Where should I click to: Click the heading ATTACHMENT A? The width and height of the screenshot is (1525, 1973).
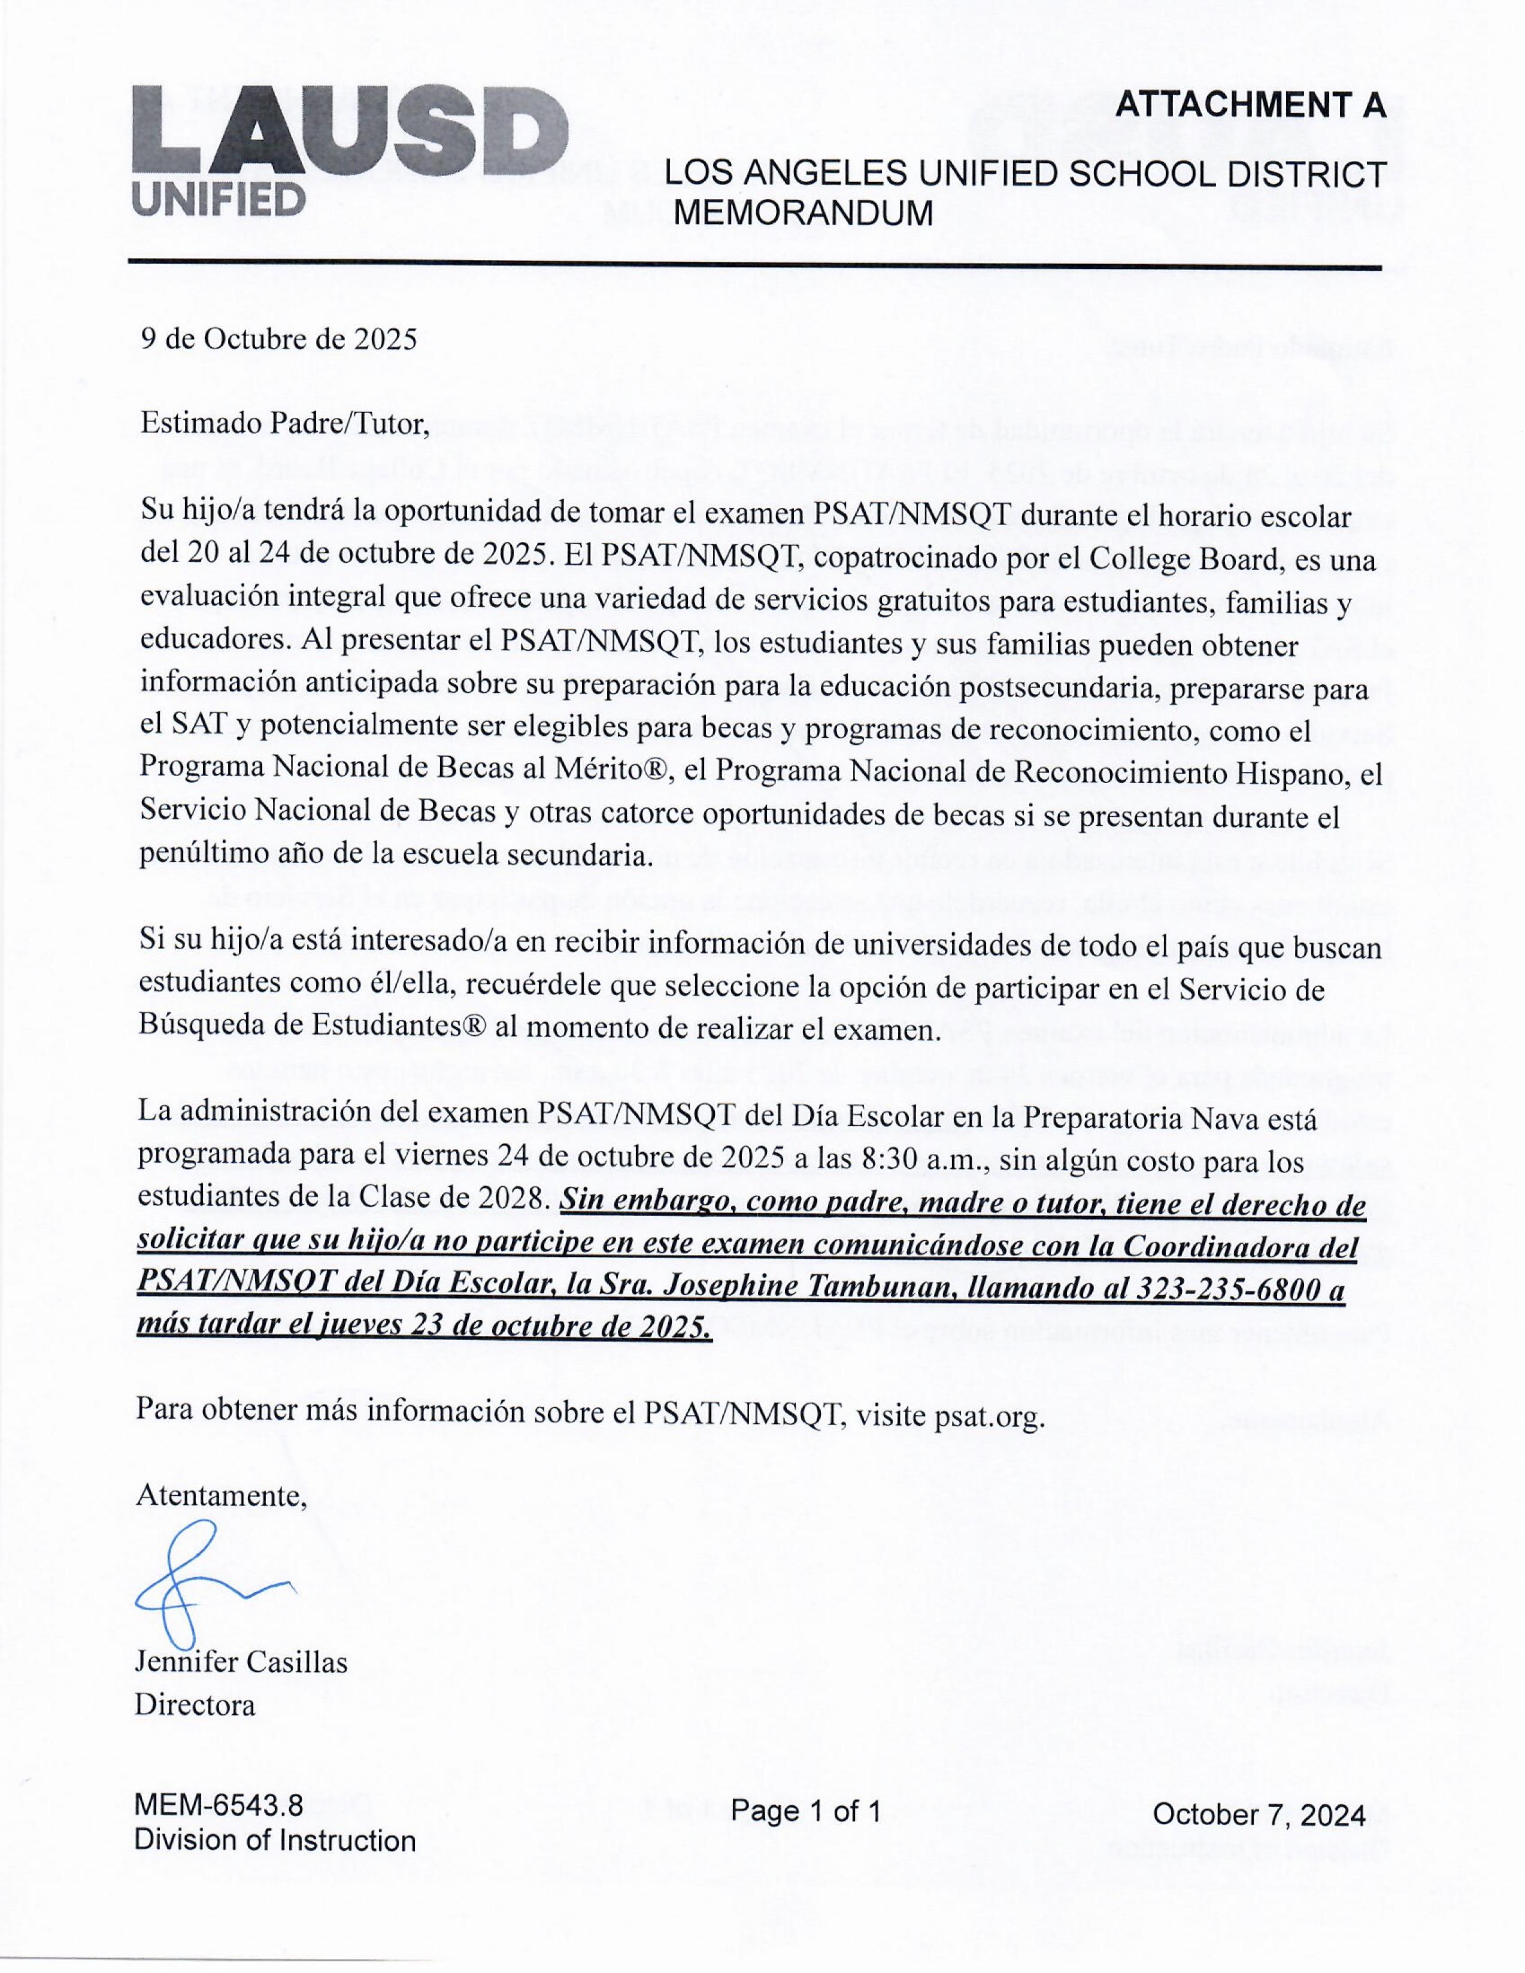point(1250,106)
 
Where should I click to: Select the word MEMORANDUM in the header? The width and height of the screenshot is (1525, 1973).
point(804,213)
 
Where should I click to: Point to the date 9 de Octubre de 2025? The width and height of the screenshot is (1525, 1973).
point(278,339)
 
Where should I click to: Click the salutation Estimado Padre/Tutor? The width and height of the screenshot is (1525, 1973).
point(284,423)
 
